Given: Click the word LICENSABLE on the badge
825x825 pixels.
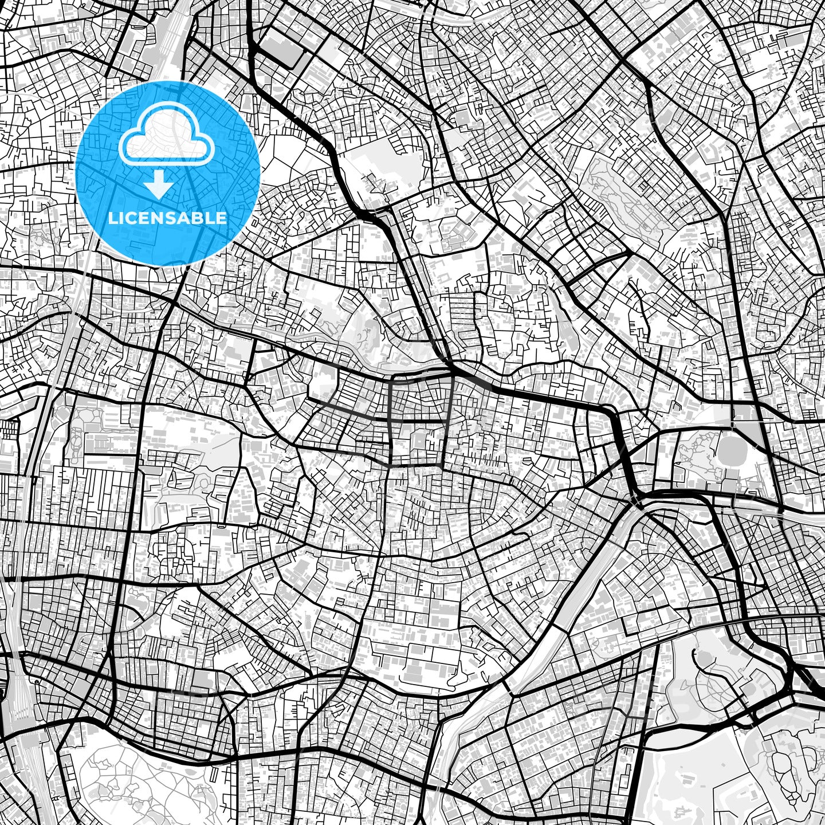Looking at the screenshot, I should point(168,218).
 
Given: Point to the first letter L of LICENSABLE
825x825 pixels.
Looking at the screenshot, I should point(112,218).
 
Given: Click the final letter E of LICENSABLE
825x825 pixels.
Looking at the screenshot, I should point(222,218).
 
